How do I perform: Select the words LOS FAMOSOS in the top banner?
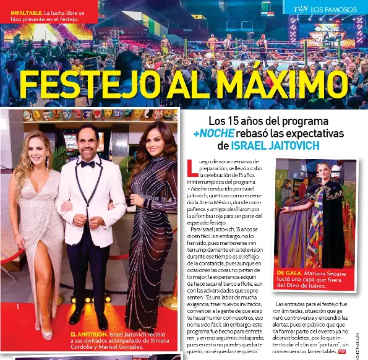pyautogui.click(x=333, y=9)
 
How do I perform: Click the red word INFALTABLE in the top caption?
pyautogui.click(x=27, y=12)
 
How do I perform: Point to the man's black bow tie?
pyautogui.click(x=87, y=164)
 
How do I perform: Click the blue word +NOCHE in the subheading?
pyautogui.click(x=214, y=134)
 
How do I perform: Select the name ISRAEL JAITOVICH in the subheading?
pyautogui.click(x=275, y=146)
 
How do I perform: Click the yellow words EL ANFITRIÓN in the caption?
pyautogui.click(x=89, y=334)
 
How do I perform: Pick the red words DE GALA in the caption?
pyautogui.click(x=289, y=273)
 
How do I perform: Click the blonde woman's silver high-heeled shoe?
pyautogui.click(x=47, y=334)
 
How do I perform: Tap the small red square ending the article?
pyautogui.click(x=342, y=351)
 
